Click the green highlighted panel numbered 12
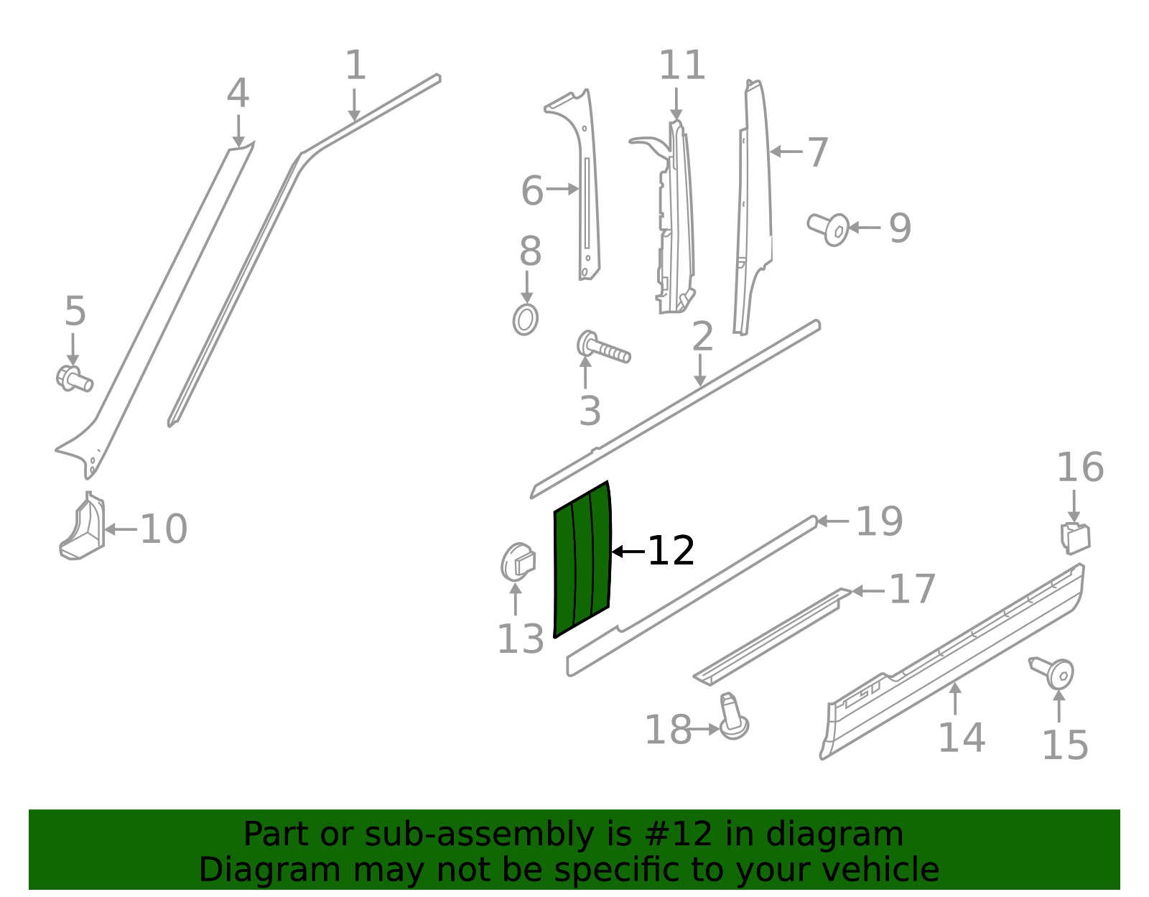point(582,560)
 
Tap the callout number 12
point(671,552)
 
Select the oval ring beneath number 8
point(525,320)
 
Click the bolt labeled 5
point(73,378)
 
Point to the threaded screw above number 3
point(603,349)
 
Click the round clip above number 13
point(517,563)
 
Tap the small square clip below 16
point(1075,539)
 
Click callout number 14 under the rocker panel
point(961,738)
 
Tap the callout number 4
point(238,93)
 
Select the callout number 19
point(879,521)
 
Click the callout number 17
point(912,590)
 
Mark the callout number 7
point(817,152)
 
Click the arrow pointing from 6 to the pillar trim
point(562,190)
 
